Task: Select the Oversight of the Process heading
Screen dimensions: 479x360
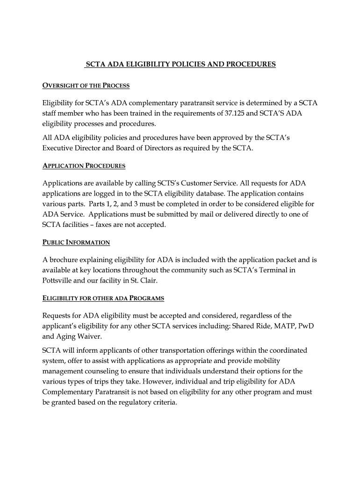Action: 86,86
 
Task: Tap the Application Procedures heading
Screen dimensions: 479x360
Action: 84,166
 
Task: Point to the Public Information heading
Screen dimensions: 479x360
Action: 76,242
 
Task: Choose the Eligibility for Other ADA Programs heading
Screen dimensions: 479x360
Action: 103,298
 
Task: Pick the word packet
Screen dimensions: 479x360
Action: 284,260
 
